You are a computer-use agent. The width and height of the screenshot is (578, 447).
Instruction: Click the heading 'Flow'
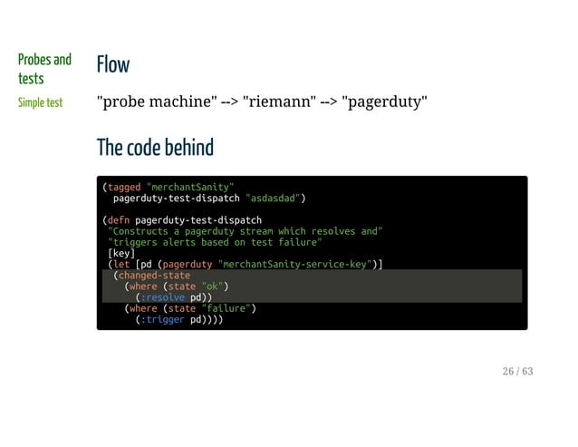point(113,64)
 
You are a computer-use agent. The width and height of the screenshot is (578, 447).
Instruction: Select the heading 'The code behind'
point(155,147)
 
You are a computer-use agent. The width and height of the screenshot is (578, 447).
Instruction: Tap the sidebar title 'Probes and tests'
point(43,69)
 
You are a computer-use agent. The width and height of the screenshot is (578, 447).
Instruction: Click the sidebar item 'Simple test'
point(41,102)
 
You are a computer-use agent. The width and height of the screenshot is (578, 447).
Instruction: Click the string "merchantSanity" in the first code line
point(190,187)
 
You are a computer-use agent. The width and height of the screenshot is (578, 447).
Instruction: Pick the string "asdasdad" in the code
point(273,198)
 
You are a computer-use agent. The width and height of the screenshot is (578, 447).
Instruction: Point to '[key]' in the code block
point(120,253)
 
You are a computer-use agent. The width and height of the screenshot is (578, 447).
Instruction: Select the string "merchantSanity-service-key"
point(297,264)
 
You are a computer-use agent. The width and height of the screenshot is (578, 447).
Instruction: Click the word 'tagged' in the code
point(124,187)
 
